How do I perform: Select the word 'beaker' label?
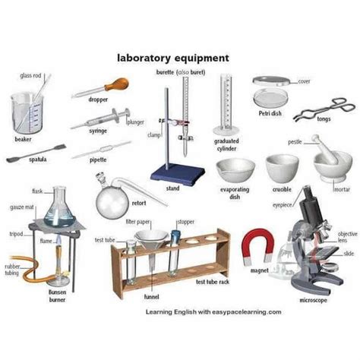pyautogui.click(x=23, y=140)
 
